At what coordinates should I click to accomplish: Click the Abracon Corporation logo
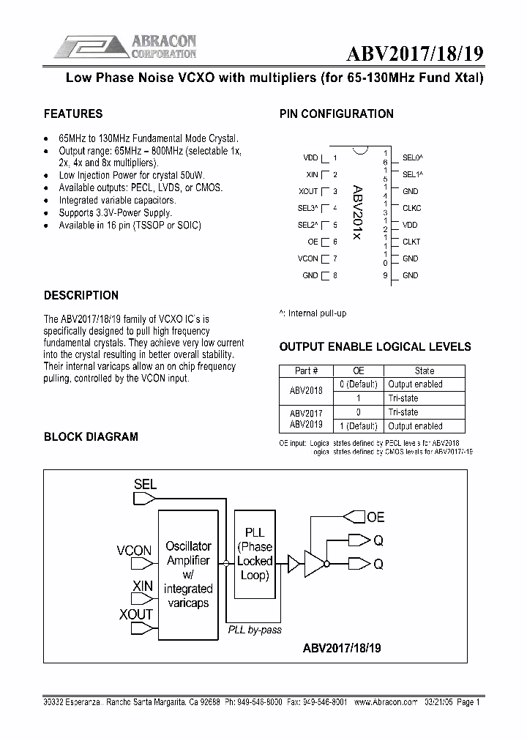click(x=126, y=46)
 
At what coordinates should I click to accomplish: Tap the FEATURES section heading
click(x=73, y=113)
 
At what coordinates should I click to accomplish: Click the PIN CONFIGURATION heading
click(x=336, y=113)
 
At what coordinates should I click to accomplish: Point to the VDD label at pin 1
click(x=310, y=157)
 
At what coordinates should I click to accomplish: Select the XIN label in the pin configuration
click(x=312, y=174)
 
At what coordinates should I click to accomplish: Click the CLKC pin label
click(x=411, y=208)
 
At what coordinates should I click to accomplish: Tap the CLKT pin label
click(x=411, y=242)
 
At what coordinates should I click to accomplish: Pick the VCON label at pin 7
click(x=308, y=258)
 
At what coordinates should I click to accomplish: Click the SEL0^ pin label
click(x=413, y=157)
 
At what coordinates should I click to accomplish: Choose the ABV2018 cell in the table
click(x=306, y=391)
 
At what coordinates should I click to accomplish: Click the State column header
click(x=425, y=370)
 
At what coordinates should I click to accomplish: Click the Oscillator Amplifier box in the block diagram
click(x=188, y=574)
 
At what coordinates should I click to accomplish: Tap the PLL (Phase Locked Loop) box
click(x=255, y=554)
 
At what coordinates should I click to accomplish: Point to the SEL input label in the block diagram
click(x=145, y=483)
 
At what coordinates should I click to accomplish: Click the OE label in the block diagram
click(x=375, y=517)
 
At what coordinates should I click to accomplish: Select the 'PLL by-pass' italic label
click(x=254, y=630)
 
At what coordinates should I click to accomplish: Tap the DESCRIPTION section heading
click(x=81, y=295)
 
